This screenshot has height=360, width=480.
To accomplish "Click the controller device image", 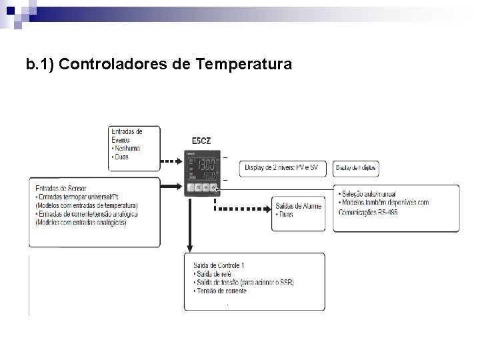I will tap(203, 172).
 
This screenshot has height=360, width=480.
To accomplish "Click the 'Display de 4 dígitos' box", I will tap(357, 169).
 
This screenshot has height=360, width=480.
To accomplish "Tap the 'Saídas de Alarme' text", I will tap(298, 206).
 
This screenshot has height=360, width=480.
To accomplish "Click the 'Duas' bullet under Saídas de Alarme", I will tap(285, 215).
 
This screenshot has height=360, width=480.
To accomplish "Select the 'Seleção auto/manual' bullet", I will tap(367, 194).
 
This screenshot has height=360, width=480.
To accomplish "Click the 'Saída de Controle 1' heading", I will tap(217, 266).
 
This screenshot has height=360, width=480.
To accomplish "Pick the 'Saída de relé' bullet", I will tap(214, 274).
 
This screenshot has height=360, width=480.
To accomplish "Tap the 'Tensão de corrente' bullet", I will tap(219, 291).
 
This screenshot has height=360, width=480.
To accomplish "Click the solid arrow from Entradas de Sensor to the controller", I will tap(172, 188).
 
